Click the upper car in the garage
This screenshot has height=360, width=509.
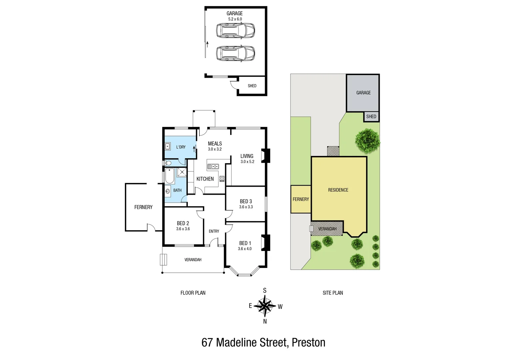(x=235, y=30)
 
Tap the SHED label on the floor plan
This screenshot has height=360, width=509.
(x=252, y=86)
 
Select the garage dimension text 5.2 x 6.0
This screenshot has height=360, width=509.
(x=235, y=19)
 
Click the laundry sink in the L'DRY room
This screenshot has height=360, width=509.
(x=168, y=146)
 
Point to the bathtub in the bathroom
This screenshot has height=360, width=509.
(x=170, y=176)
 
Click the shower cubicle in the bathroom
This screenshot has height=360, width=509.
(x=182, y=172)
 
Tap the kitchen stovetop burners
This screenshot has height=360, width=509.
(x=222, y=179)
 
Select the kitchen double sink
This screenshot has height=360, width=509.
(x=213, y=166)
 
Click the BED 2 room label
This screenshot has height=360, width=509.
(x=183, y=223)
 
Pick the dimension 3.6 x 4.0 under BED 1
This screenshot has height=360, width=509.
(x=245, y=249)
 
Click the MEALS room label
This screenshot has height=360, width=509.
(x=215, y=144)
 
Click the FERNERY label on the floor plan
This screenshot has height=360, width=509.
(x=143, y=207)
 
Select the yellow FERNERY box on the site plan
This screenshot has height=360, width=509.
(x=301, y=199)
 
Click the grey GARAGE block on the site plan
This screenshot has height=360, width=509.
(x=363, y=93)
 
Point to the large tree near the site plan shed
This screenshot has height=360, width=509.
(x=367, y=141)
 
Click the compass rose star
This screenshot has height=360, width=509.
(x=265, y=306)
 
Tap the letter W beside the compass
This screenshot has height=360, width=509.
(x=280, y=307)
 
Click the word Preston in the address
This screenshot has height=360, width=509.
(x=308, y=343)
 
